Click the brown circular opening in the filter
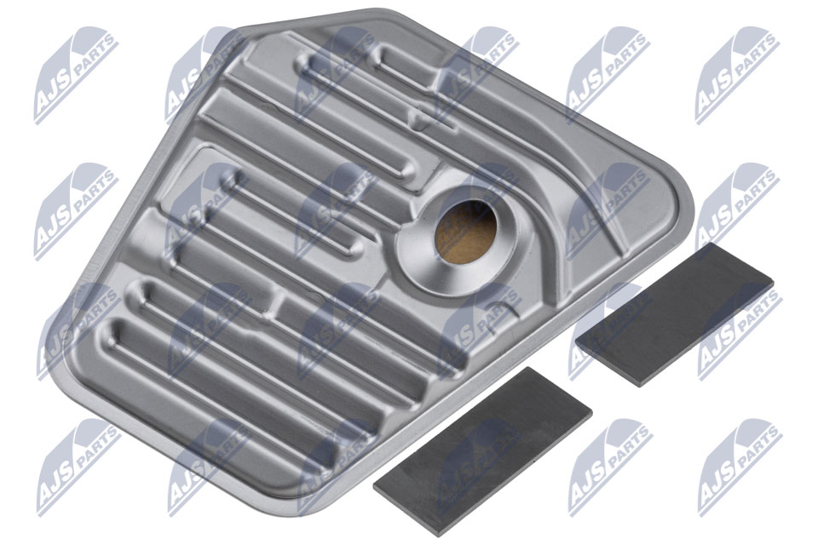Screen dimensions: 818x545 (465, 232)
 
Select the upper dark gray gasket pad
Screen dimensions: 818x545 (674, 314)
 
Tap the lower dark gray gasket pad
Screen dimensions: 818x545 (482, 451)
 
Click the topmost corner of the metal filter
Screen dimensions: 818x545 (376, 9)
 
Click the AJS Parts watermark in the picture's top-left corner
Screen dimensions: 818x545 (76, 75)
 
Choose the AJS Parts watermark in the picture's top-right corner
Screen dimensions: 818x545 (737, 75)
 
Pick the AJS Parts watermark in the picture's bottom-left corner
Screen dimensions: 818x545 (78, 467)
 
